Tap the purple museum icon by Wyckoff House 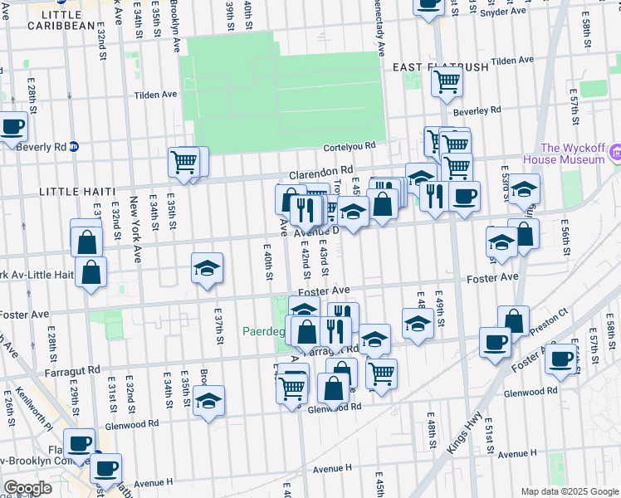point(615,153)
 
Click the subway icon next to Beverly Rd point(74,146)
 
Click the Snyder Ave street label point(502,12)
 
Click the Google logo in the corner point(28,487)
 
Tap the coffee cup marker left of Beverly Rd point(12,127)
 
